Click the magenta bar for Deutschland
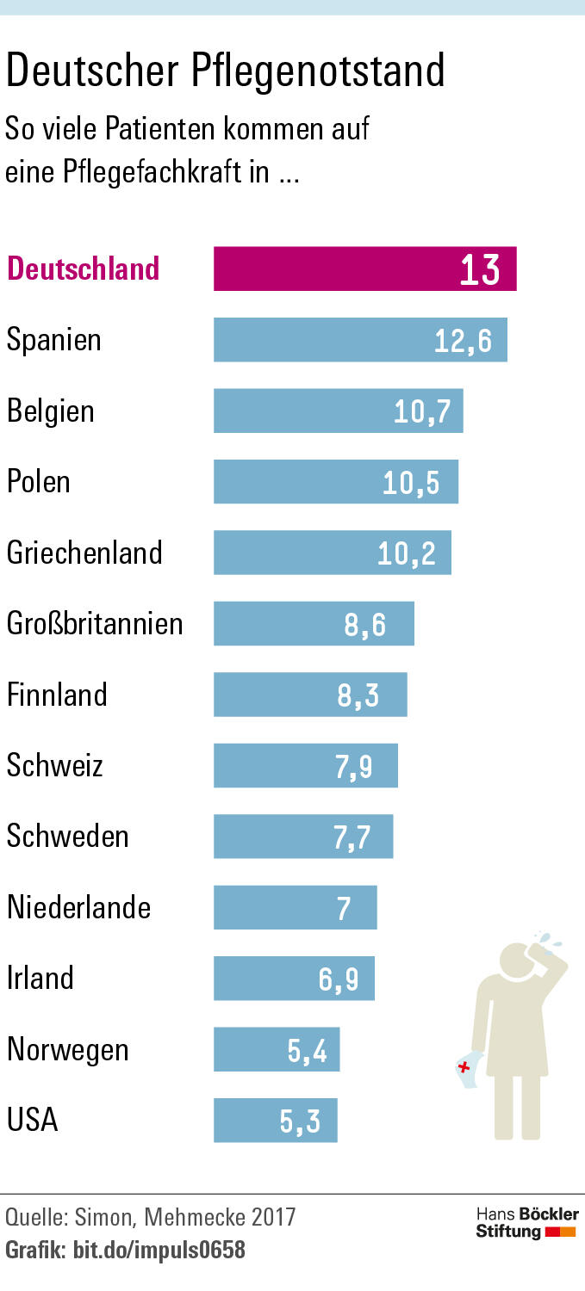(364, 269)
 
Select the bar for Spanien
(360, 340)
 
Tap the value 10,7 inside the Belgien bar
(422, 411)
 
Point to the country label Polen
(39, 481)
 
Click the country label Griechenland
(84, 552)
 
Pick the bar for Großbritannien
(314, 623)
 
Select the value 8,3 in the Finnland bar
(358, 695)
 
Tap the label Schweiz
(55, 765)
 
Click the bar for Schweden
(303, 837)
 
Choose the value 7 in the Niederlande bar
(344, 908)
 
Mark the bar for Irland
(294, 979)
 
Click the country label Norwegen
(68, 1049)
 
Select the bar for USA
(276, 1121)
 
